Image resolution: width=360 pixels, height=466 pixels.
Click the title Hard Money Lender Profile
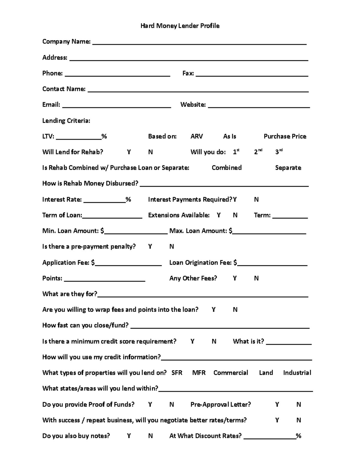[x=180, y=26]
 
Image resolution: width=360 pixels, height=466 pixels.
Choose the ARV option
[x=196, y=136]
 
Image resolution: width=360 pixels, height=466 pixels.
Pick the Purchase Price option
[x=285, y=136]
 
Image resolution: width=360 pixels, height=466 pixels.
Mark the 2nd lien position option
[x=258, y=152]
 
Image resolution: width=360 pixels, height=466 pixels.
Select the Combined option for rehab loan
[x=226, y=168]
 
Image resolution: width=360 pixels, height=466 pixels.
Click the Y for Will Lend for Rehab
[x=129, y=152]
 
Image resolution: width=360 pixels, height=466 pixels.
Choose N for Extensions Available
[x=235, y=215]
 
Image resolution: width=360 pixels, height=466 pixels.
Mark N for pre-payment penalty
[x=172, y=247]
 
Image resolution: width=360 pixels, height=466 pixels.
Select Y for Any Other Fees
[x=235, y=278]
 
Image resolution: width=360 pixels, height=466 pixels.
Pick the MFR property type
[x=199, y=373]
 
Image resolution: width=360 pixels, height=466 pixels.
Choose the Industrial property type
[x=297, y=373]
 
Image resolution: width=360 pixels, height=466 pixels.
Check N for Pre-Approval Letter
[x=298, y=404]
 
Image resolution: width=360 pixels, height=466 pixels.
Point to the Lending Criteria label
[x=66, y=121]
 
